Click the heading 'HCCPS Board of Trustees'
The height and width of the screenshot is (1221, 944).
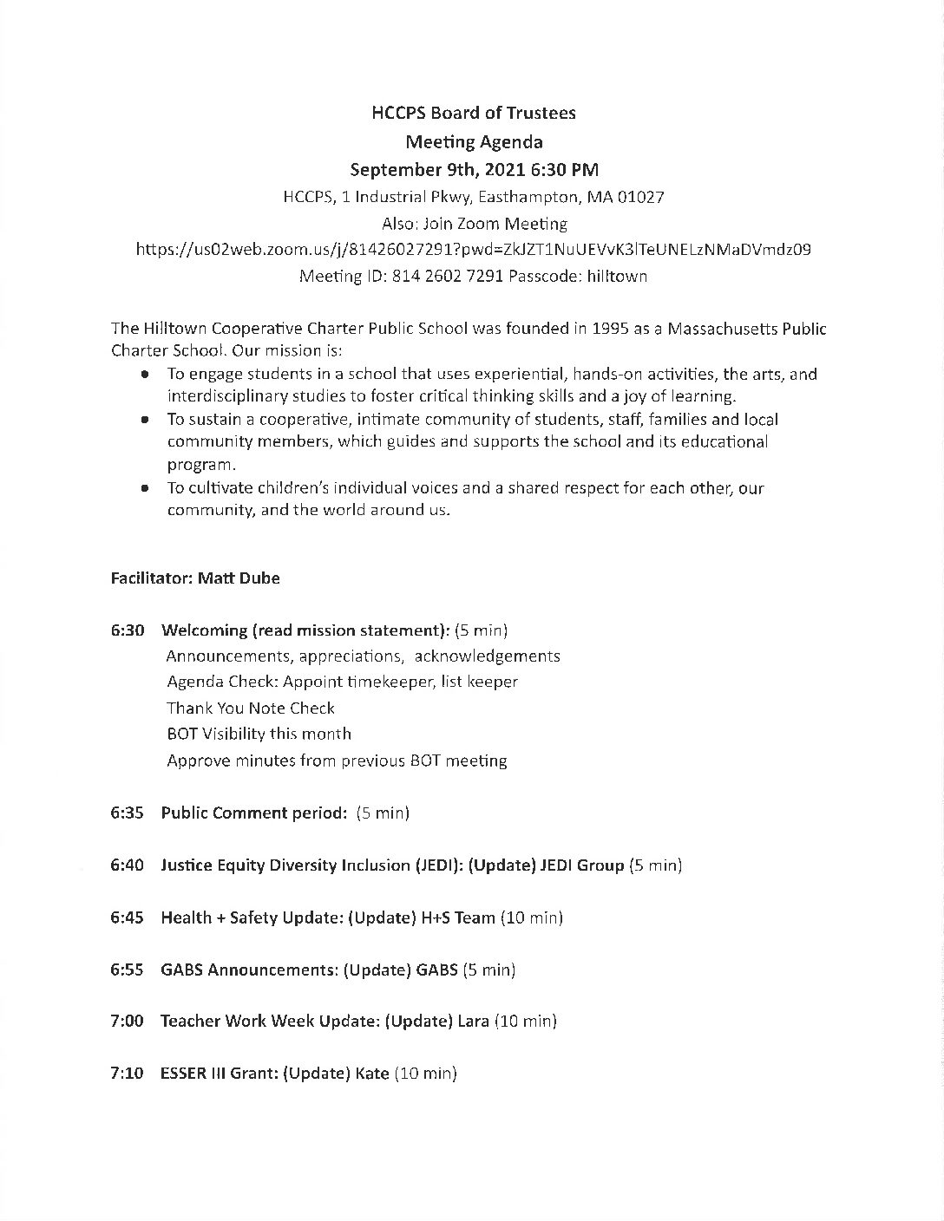473,113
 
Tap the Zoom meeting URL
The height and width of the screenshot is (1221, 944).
474,250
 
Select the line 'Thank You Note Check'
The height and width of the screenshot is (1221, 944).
250,708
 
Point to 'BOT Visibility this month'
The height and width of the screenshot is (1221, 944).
259,734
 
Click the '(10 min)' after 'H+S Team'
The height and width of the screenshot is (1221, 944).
531,917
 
